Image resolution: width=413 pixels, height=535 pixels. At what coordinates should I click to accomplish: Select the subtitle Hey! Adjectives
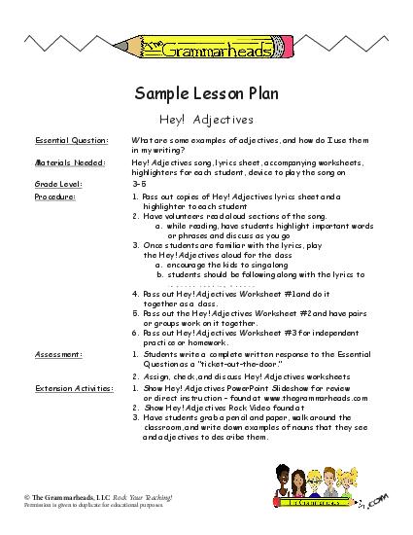tap(205, 120)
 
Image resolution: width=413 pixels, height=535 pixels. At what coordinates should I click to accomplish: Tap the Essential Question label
tap(65, 142)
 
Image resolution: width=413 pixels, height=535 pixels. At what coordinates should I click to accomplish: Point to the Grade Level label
tap(57, 183)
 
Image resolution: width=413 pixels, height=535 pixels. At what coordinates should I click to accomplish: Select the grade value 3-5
tap(138, 183)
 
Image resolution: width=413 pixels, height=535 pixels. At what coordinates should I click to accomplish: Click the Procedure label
tap(54, 196)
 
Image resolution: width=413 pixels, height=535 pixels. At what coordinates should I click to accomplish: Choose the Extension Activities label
tap(69, 386)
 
